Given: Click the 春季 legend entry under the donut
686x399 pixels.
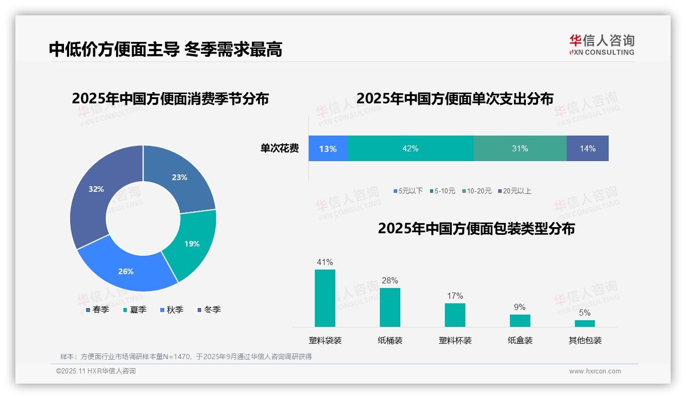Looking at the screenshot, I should (x=97, y=309).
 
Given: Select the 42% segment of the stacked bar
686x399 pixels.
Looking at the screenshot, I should (x=410, y=148).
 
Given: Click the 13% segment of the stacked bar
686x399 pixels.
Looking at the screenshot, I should (x=328, y=148).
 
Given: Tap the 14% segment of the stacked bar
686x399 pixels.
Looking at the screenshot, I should (x=587, y=148).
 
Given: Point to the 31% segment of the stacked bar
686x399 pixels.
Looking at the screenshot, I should (x=520, y=148).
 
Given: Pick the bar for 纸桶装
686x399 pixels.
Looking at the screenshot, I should (x=390, y=307).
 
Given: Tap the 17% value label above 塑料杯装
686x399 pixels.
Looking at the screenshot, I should (x=455, y=296).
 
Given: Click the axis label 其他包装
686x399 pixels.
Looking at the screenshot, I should (x=585, y=340).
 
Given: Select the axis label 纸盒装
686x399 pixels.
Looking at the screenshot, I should (x=520, y=340).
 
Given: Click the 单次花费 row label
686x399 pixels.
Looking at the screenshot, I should (x=280, y=148).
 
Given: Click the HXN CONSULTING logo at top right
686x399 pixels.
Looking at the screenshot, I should (x=602, y=45).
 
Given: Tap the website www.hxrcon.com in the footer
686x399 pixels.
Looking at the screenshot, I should (x=594, y=371).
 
